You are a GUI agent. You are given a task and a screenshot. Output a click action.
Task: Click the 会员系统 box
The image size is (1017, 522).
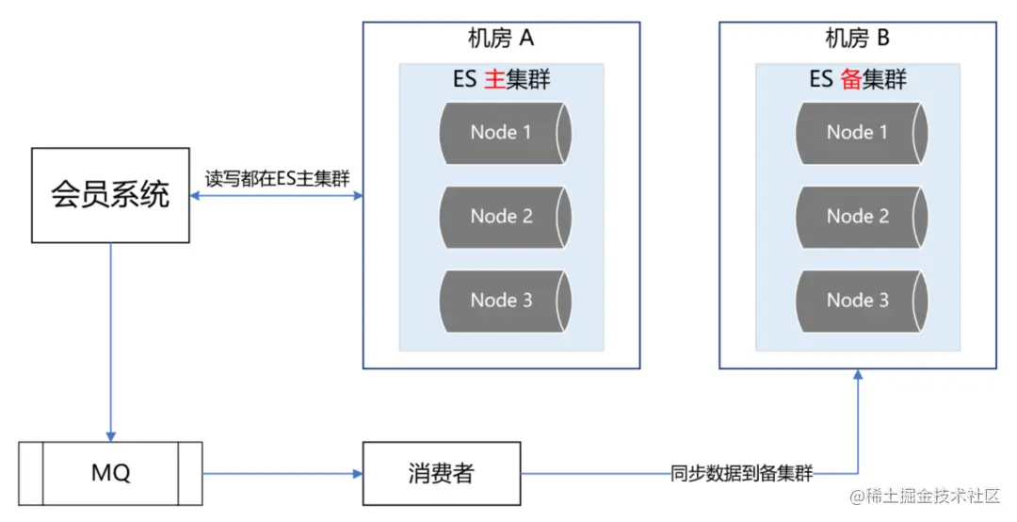click(110, 194)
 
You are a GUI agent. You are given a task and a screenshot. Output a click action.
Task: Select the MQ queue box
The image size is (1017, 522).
click(110, 472)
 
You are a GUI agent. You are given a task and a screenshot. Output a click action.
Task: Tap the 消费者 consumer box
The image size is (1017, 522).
click(442, 472)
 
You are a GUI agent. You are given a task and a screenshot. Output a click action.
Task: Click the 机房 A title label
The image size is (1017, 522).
click(501, 39)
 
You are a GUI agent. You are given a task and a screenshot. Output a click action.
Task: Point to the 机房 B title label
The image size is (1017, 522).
click(857, 39)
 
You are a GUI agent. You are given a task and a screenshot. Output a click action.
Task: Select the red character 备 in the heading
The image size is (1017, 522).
click(850, 79)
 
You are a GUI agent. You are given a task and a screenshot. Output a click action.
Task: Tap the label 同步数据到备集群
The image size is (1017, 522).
click(741, 472)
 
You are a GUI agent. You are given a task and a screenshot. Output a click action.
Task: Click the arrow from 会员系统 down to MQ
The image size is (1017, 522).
click(110, 339)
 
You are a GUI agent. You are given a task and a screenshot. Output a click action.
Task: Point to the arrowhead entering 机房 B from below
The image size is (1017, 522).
click(858, 376)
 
